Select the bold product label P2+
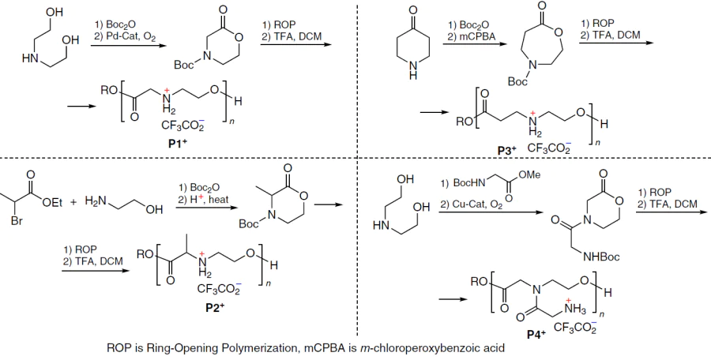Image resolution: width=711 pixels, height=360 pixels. (x=215, y=307)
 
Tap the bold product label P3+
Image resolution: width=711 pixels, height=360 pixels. (x=506, y=151)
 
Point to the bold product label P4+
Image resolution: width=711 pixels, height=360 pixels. (x=536, y=335)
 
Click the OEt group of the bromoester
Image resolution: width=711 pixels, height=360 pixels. (x=52, y=203)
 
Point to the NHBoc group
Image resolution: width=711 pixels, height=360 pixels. (x=602, y=257)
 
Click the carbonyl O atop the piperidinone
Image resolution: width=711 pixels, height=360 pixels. (x=412, y=10)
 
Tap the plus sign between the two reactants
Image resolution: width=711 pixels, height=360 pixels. (x=73, y=203)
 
